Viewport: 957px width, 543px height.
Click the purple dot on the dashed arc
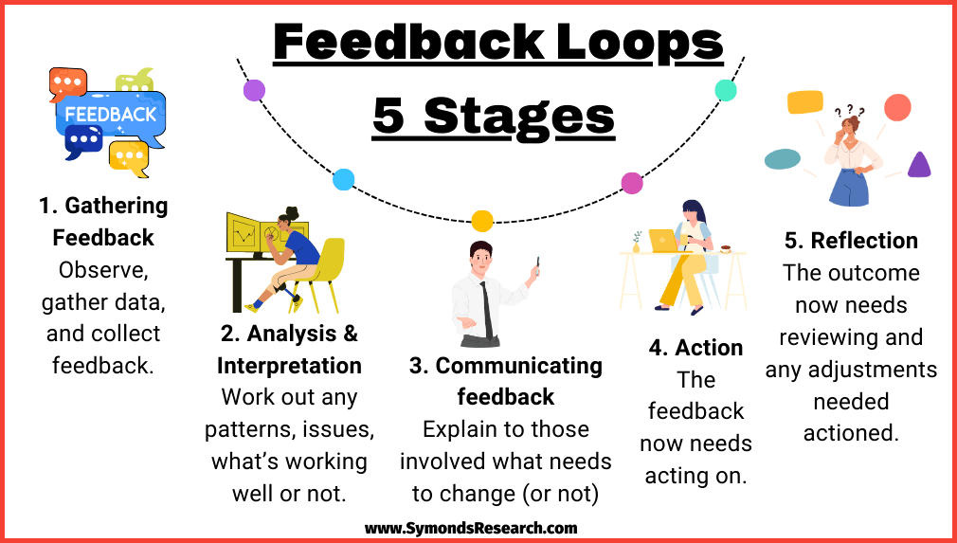point(254,90)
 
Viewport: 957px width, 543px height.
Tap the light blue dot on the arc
point(344,179)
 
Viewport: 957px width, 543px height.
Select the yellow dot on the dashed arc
point(482,221)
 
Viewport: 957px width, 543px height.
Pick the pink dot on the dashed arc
point(631,183)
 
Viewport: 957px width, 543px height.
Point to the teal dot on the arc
point(726,90)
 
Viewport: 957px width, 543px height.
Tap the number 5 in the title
point(389,117)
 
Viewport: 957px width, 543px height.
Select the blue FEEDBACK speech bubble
point(111,115)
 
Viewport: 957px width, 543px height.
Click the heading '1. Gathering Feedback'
point(103,221)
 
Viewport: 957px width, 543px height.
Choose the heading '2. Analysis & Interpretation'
point(289,349)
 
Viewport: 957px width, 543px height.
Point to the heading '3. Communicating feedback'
point(505,381)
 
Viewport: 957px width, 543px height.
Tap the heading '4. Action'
point(695,347)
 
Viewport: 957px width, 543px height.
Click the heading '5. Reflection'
point(851,241)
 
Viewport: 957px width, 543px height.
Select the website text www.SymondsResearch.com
point(471,528)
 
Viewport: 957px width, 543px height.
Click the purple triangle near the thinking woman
point(918,166)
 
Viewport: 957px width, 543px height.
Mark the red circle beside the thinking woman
point(896,107)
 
